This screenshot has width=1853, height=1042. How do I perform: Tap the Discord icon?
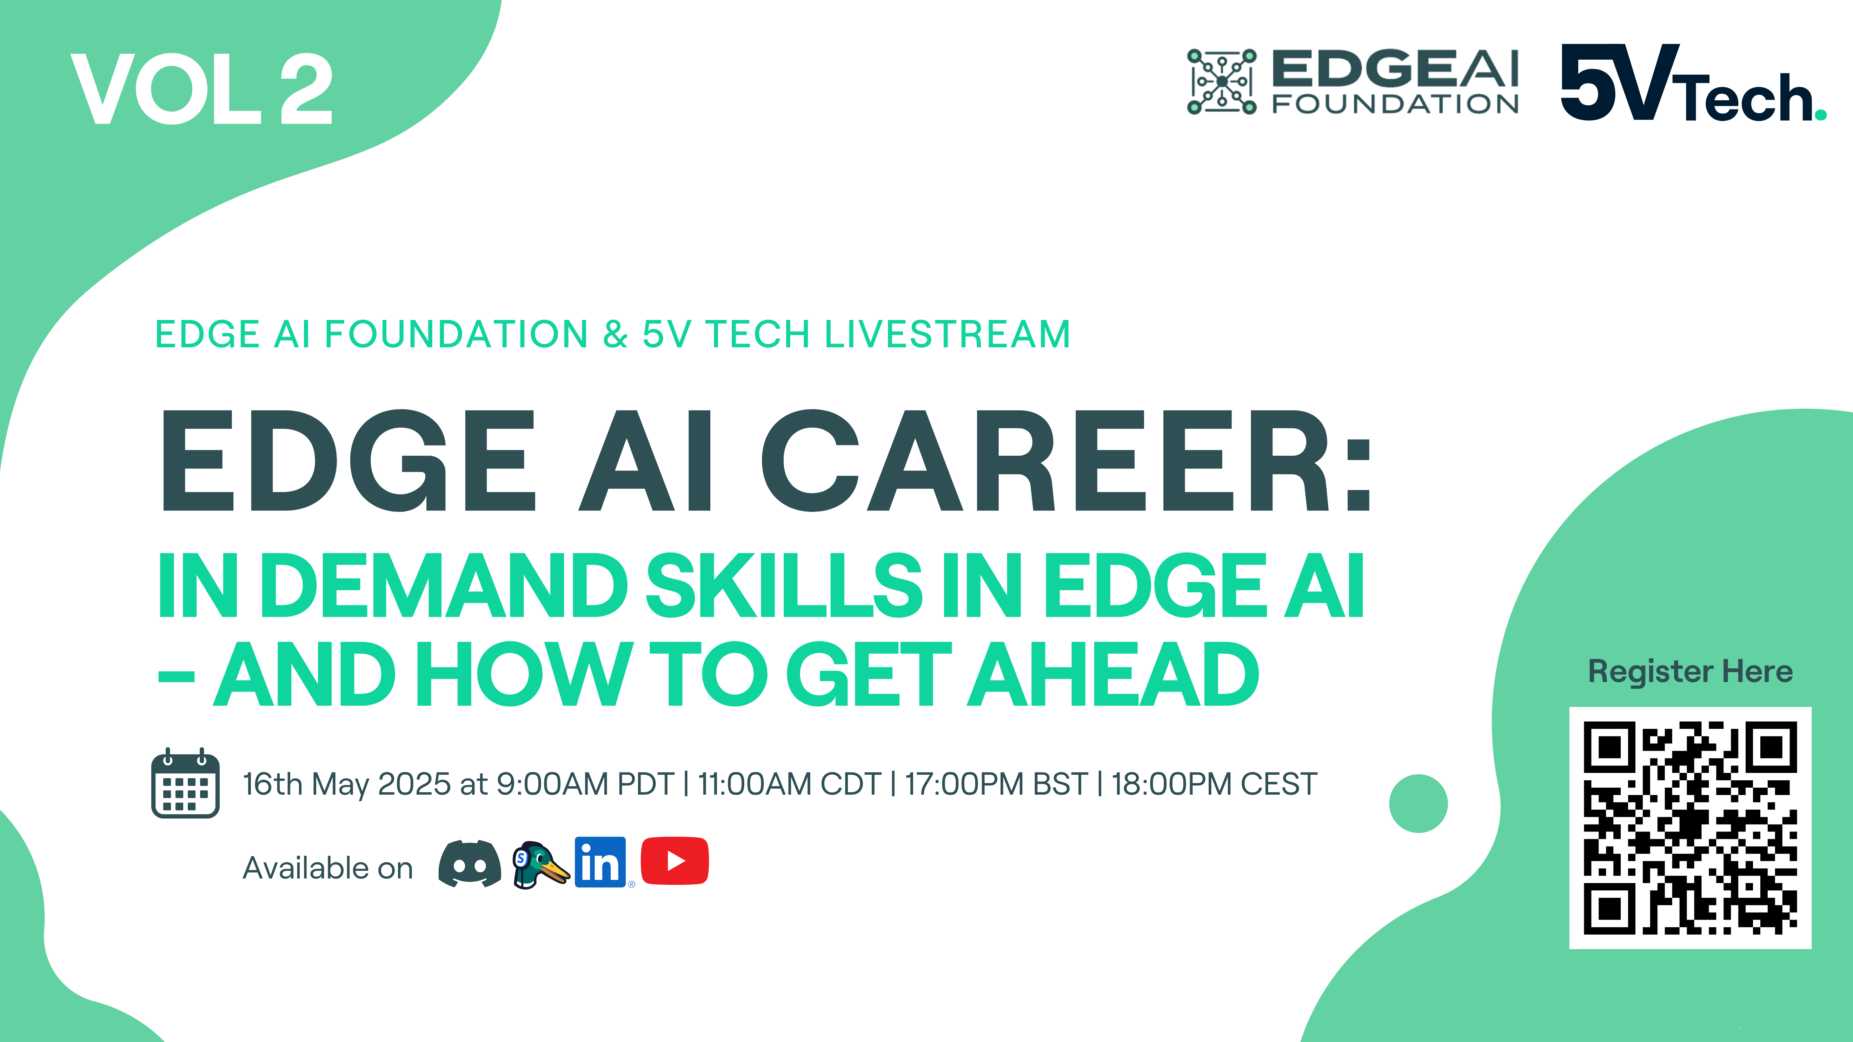point(470,863)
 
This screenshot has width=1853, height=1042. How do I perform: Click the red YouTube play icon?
point(675,861)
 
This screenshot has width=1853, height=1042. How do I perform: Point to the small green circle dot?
point(1418,803)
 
